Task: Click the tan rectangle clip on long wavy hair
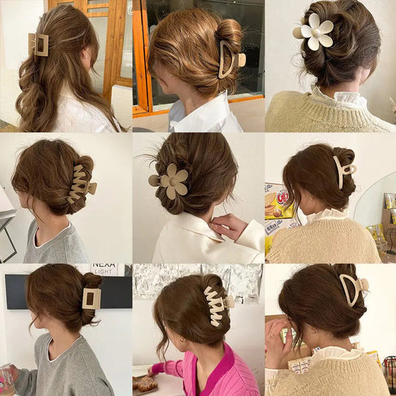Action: click(39, 44)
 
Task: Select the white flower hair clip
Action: click(315, 31)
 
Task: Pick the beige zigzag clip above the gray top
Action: click(79, 184)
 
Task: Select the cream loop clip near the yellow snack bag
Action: click(343, 170)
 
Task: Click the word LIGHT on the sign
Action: click(103, 273)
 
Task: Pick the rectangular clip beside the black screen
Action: click(91, 298)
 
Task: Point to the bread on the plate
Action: click(146, 383)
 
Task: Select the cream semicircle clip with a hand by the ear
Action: click(351, 289)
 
